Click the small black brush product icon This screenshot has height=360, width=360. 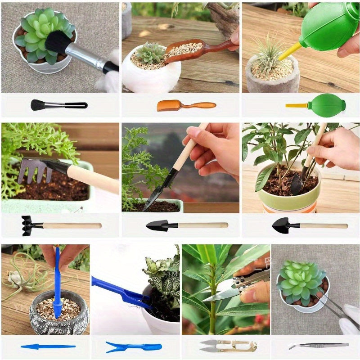click(58, 105)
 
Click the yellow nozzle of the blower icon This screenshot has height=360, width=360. click(296, 106)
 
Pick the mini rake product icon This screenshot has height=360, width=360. click(61, 225)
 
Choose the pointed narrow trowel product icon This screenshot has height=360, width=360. click(186, 225)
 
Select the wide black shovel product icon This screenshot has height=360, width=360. click(309, 225)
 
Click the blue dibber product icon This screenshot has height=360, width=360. click(48, 346)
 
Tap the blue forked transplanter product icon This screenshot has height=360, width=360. click(133, 347)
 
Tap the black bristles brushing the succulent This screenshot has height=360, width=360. click(58, 41)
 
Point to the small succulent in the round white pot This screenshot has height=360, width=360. click(150, 53)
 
